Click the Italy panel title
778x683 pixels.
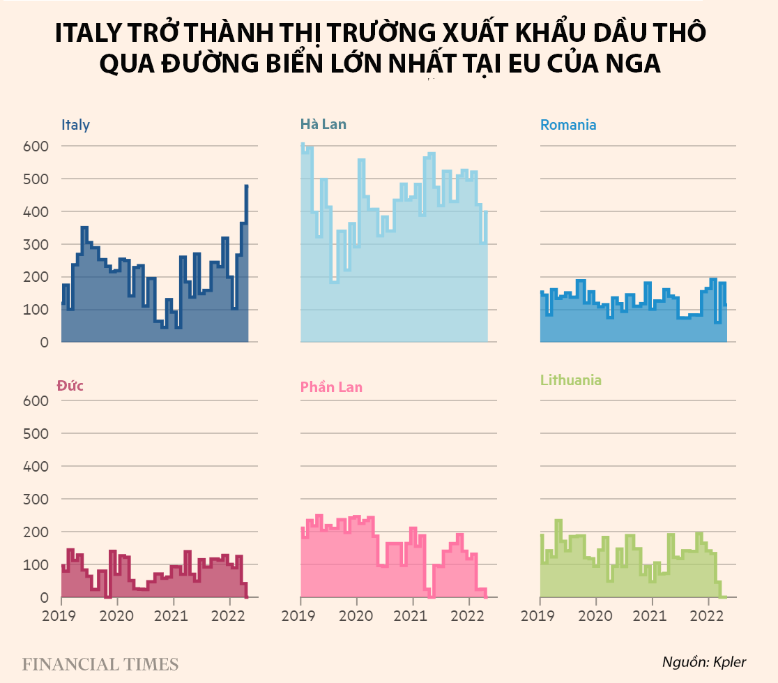(75, 126)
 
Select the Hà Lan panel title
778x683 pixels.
(323, 125)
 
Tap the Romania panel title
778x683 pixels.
(568, 126)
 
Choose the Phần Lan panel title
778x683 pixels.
(331, 387)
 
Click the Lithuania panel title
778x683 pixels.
(571, 381)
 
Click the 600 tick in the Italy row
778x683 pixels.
(35, 147)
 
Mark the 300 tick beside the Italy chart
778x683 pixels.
(35, 244)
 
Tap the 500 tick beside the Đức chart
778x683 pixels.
(35, 433)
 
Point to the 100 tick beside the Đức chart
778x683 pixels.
(35, 564)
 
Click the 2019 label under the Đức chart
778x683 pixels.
(61, 617)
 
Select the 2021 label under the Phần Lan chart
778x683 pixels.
(413, 617)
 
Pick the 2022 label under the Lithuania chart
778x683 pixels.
(709, 617)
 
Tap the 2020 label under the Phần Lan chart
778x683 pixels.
(356, 617)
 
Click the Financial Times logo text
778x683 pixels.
(100, 663)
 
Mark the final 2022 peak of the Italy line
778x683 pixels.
(247, 186)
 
